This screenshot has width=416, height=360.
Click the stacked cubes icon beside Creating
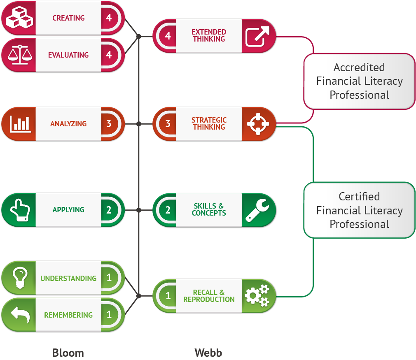pyautogui.click(x=18, y=18)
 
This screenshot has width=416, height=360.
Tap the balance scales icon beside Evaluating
pyautogui.click(x=18, y=55)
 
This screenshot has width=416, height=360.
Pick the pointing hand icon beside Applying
pyautogui.click(x=18, y=210)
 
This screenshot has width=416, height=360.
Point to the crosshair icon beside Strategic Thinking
pyautogui.click(x=258, y=124)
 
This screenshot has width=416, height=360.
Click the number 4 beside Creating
pyautogui.click(x=109, y=18)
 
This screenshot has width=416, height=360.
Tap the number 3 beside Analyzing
pyautogui.click(x=109, y=124)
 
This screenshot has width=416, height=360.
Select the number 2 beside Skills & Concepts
pyautogui.click(x=168, y=210)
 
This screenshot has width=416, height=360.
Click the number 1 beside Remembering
pyautogui.click(x=109, y=315)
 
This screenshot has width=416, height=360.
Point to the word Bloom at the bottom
pyautogui.click(x=68, y=353)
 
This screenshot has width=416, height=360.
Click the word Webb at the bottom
pyautogui.click(x=208, y=353)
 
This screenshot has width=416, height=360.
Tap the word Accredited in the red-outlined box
pyautogui.click(x=359, y=67)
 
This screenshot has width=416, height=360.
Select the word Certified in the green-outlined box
pyautogui.click(x=359, y=197)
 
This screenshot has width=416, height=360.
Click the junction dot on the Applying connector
pyautogui.click(x=139, y=210)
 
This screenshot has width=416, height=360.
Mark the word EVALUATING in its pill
pyautogui.click(x=68, y=55)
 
